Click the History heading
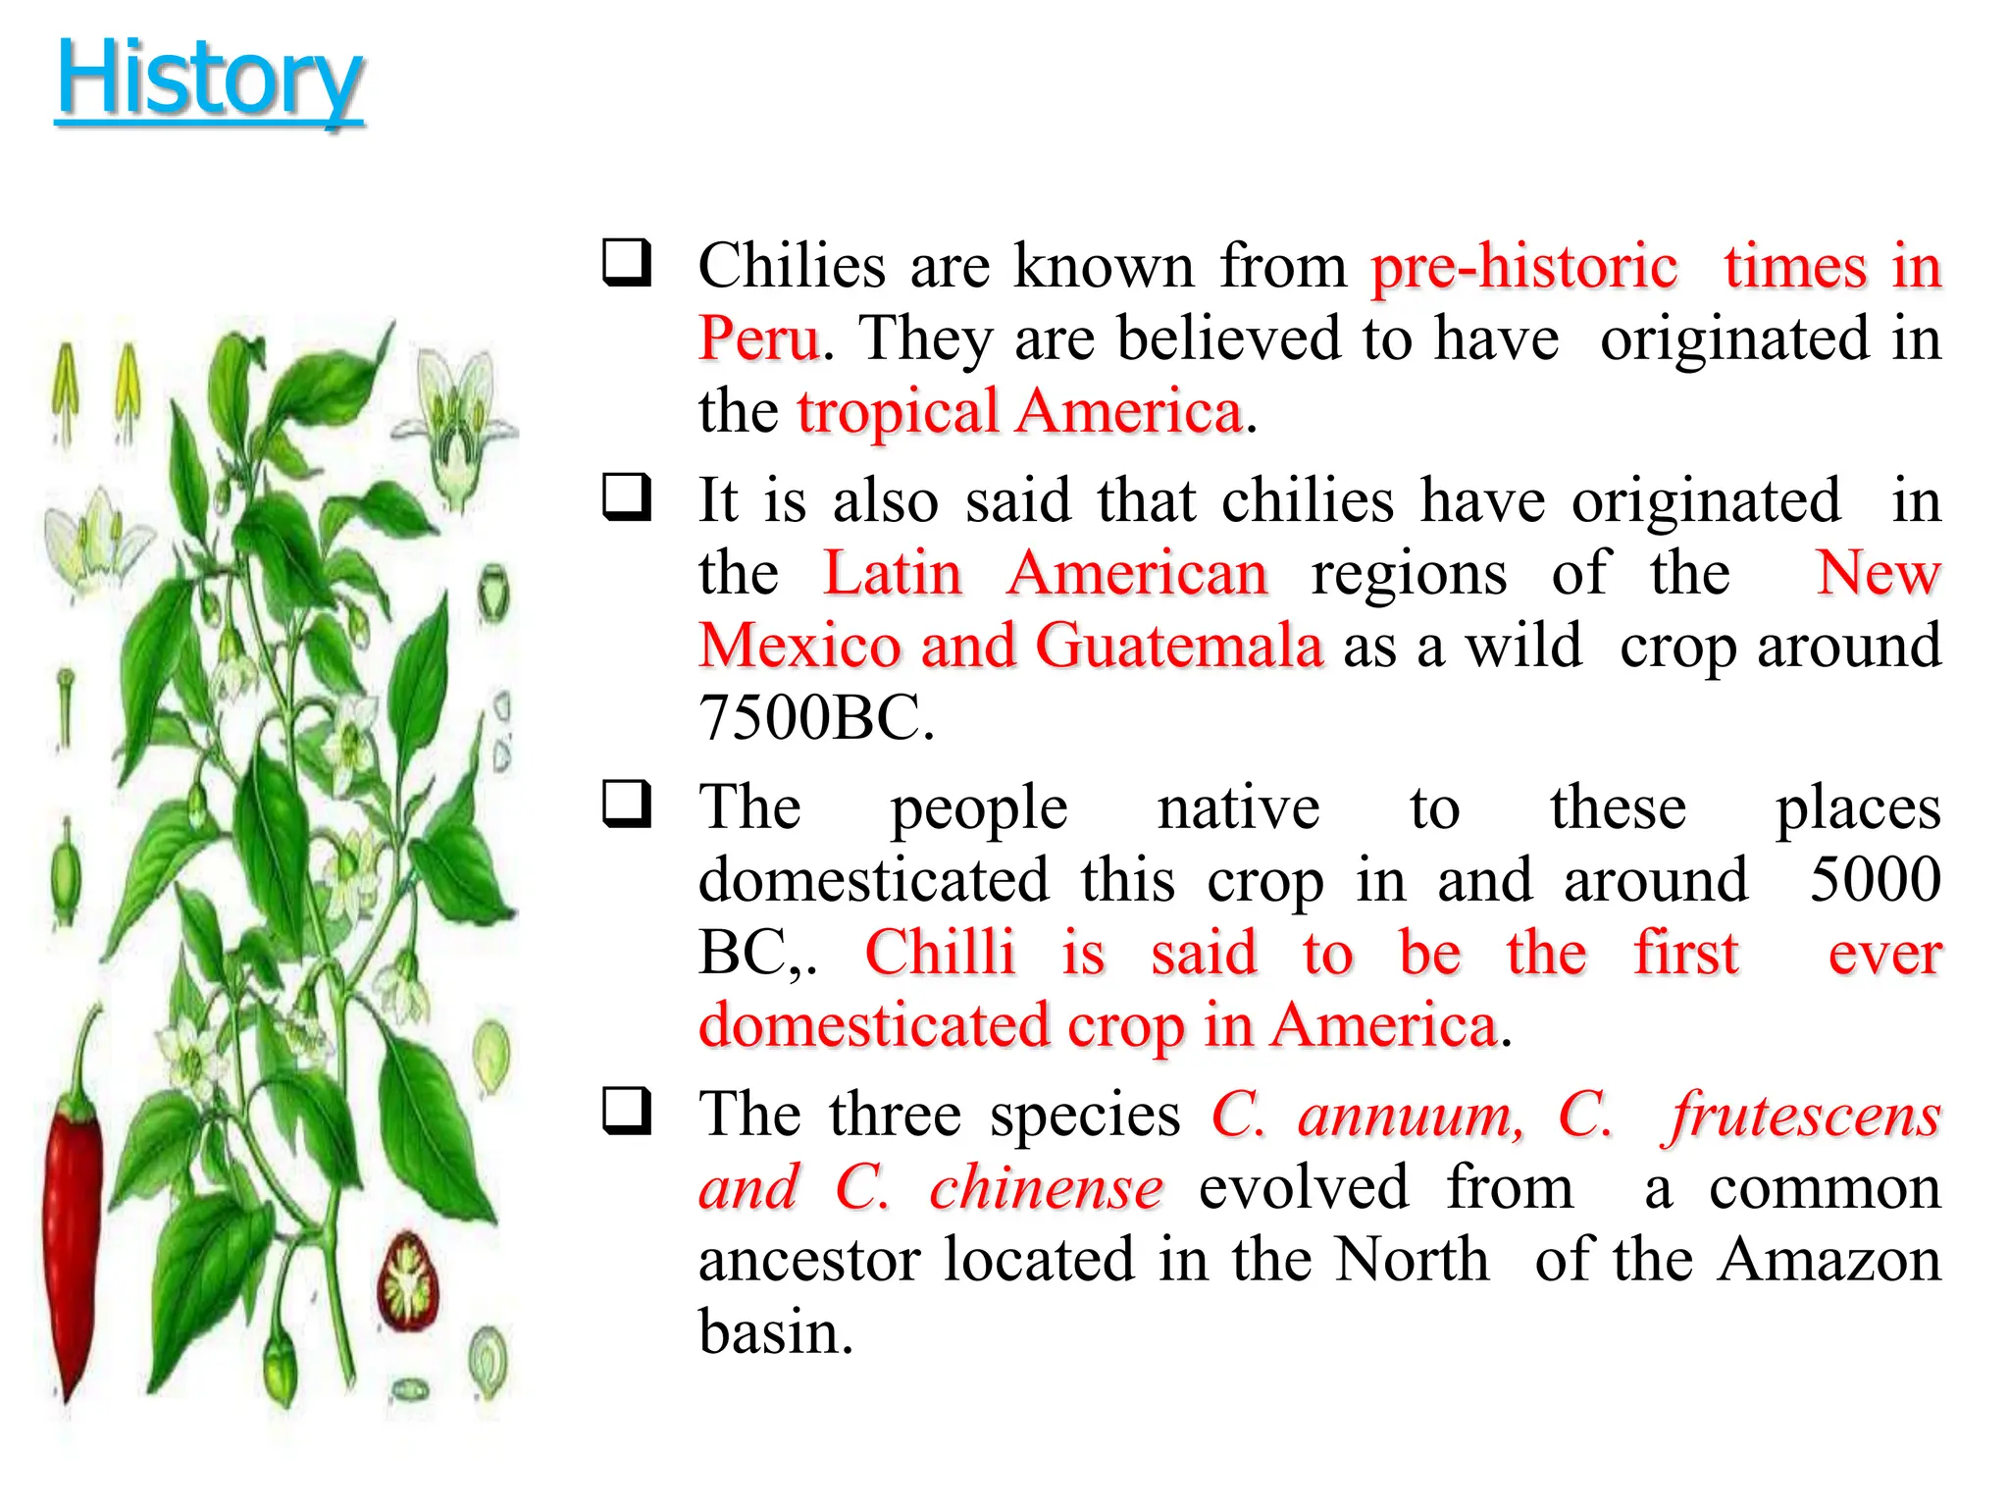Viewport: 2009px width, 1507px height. (209, 79)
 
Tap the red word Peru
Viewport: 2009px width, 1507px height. (758, 338)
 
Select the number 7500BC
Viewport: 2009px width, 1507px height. (815, 718)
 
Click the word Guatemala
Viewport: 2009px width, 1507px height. (1179, 647)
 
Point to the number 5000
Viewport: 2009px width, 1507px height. (1875, 879)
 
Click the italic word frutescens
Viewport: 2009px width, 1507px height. (1802, 1117)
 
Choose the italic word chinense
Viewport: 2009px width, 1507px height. (1046, 1188)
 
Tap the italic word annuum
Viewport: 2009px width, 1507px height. (1411, 1117)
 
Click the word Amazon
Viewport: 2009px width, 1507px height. (1829, 1260)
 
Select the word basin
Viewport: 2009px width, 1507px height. (775, 1332)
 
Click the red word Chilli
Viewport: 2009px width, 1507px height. (940, 953)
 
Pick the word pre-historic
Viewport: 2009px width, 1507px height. (1524, 267)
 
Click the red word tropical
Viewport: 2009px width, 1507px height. (897, 411)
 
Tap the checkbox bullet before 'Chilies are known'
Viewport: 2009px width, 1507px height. (627, 262)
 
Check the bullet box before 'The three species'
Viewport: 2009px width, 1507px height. (627, 1111)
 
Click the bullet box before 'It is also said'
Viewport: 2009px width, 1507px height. (627, 496)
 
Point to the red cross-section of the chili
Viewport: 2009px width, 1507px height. (408, 1281)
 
